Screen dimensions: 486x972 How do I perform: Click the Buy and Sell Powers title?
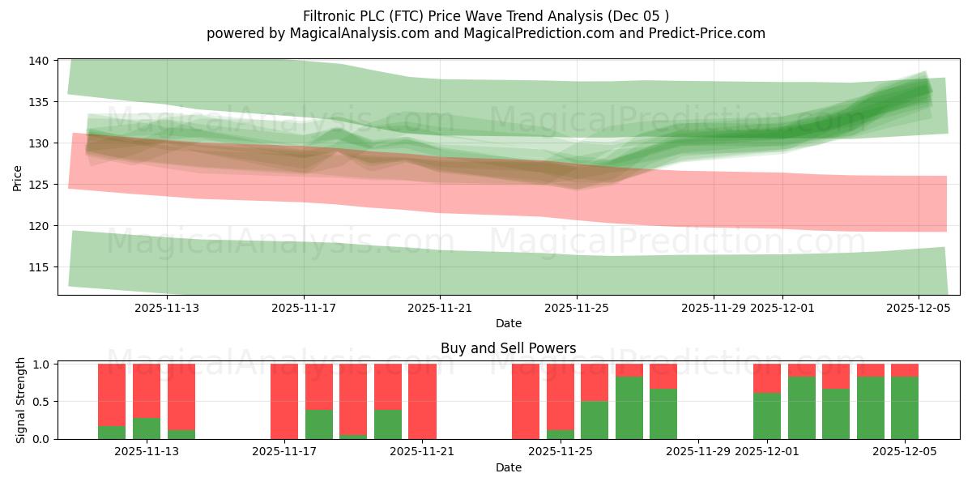[x=508, y=348]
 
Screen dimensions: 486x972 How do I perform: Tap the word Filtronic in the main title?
[x=332, y=15]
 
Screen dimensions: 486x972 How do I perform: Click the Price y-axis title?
[x=18, y=177]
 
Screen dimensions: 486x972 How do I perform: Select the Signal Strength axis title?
[x=21, y=401]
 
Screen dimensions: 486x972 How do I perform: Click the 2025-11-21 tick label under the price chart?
[x=440, y=308]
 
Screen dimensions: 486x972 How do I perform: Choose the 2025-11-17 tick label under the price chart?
[x=304, y=308]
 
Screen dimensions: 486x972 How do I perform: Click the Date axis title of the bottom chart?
[x=508, y=467]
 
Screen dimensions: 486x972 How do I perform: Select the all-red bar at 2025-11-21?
[x=422, y=401]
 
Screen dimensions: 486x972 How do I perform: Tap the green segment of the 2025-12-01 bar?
[x=767, y=416]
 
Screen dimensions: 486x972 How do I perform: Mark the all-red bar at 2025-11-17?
[x=284, y=401]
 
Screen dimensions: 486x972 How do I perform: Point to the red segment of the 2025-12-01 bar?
[x=767, y=378]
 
